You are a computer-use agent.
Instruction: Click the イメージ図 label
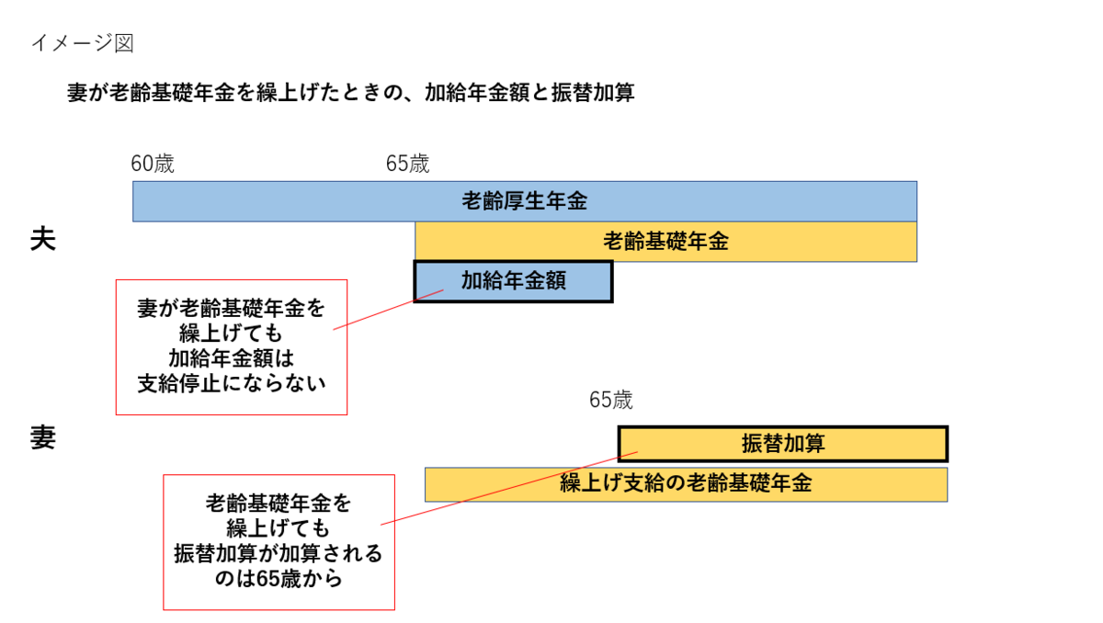coord(83,42)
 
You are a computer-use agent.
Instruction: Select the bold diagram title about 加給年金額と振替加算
coord(350,93)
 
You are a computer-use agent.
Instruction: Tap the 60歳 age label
coord(152,164)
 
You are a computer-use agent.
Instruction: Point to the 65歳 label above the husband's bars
coord(407,164)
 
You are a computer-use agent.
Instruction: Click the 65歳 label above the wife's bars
coord(611,401)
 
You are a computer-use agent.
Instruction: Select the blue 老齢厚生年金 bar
coord(276,201)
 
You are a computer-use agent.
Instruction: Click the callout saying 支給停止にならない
coord(232,346)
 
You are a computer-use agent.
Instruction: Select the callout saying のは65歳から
coord(279,541)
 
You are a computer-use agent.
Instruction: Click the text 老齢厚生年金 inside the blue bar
coord(524,201)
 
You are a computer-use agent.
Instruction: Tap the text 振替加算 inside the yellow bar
coord(783,444)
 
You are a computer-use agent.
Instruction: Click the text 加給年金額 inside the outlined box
coord(513,281)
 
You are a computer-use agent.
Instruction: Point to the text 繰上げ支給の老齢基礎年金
coord(686,484)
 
